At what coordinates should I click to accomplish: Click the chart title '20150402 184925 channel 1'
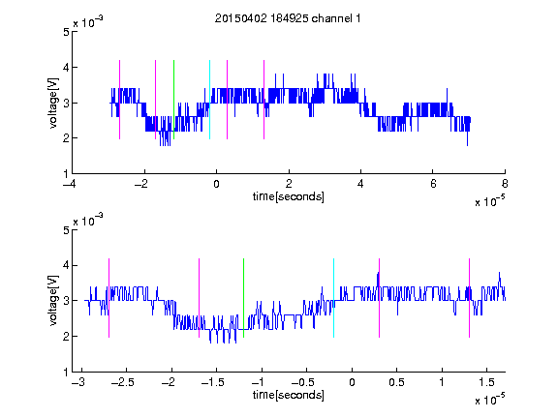[288, 18]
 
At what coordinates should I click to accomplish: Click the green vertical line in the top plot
[173, 100]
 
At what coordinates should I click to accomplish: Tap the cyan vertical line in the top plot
[209, 100]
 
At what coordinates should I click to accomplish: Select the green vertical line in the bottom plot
[243, 298]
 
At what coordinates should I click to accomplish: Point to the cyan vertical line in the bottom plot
[333, 298]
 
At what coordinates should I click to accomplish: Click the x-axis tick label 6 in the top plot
[433, 184]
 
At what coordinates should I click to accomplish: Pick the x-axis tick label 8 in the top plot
[505, 184]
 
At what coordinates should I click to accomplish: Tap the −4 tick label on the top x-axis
[70, 184]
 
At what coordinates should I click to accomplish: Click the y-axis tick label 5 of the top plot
[66, 32]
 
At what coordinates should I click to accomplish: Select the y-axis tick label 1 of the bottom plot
[66, 373]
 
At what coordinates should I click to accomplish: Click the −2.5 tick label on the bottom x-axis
[122, 382]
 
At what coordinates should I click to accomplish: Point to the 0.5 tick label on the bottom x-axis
[396, 382]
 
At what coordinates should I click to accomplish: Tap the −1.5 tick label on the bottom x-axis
[212, 382]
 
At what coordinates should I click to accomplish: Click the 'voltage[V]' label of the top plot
[52, 104]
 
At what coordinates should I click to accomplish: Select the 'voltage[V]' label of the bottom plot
[52, 300]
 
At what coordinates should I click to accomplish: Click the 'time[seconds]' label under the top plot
[289, 196]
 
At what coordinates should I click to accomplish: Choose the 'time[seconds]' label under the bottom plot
[289, 395]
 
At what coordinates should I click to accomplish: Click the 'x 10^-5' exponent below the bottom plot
[490, 400]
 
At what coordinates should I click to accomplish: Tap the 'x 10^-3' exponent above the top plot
[88, 22]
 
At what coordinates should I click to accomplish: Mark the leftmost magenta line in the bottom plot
[108, 298]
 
